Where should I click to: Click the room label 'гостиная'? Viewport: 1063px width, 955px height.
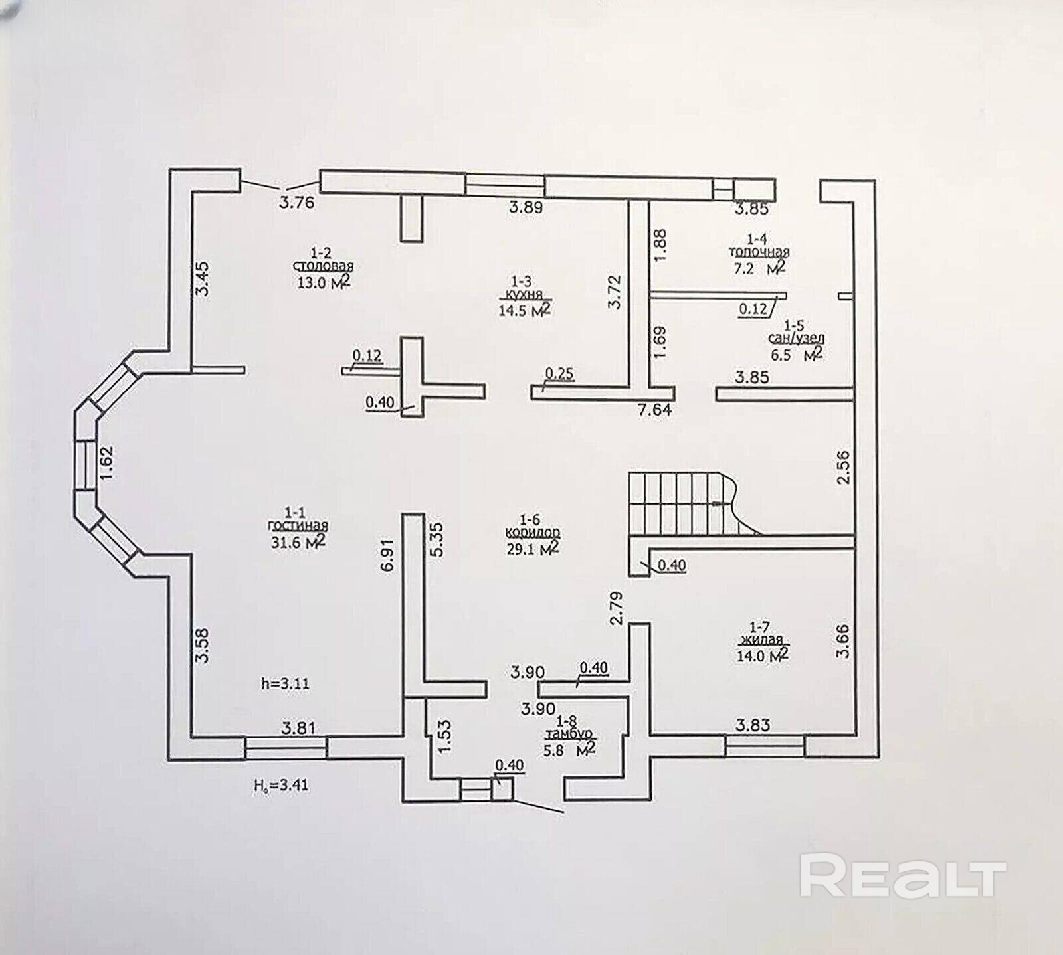pyautogui.click(x=297, y=525)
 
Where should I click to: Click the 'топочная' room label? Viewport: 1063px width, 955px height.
pyautogui.click(x=759, y=252)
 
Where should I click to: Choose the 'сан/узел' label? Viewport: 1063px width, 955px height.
pyautogui.click(x=796, y=339)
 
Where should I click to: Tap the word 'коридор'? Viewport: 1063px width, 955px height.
pyautogui.click(x=532, y=533)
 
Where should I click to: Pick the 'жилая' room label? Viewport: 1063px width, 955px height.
pyautogui.click(x=761, y=640)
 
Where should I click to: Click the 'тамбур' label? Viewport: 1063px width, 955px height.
pyautogui.click(x=569, y=735)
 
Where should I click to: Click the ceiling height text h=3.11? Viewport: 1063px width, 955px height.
pyautogui.click(x=286, y=683)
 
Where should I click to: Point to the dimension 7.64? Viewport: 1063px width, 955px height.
pyautogui.click(x=654, y=410)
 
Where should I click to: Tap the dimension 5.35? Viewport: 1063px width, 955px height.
pyautogui.click(x=437, y=539)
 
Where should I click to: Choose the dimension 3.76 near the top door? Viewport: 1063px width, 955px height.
pyautogui.click(x=296, y=203)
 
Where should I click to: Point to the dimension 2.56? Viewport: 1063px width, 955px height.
pyautogui.click(x=843, y=468)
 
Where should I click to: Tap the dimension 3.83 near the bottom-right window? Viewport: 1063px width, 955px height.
pyautogui.click(x=753, y=725)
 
